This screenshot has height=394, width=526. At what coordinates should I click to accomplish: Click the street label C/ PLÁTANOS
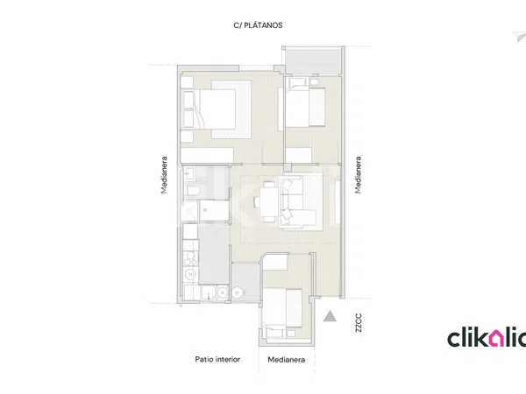[258, 25]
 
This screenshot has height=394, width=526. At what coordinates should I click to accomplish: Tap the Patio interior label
[217, 359]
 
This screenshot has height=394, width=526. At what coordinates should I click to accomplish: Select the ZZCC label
[359, 322]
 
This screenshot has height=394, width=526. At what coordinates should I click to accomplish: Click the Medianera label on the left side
[164, 175]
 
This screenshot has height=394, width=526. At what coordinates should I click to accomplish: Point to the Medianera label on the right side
[359, 175]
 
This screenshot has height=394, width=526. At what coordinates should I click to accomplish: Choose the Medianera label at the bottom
[286, 360]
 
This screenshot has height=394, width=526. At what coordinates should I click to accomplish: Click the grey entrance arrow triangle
[330, 316]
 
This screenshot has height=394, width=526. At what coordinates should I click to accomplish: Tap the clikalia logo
[487, 338]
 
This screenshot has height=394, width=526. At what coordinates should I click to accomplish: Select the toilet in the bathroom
[192, 191]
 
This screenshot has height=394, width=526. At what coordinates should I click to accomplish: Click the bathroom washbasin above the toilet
[188, 173]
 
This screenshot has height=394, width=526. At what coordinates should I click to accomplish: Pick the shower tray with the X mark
[188, 211]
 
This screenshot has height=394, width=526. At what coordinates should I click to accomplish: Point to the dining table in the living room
[269, 201]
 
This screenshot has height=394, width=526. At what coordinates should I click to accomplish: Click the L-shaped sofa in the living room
[297, 202]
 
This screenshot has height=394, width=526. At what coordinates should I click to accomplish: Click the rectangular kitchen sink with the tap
[209, 293]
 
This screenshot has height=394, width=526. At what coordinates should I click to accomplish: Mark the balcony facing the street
[313, 60]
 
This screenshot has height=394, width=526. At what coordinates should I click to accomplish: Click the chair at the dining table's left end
[257, 201]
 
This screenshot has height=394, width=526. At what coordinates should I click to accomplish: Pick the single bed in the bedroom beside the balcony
[305, 107]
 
